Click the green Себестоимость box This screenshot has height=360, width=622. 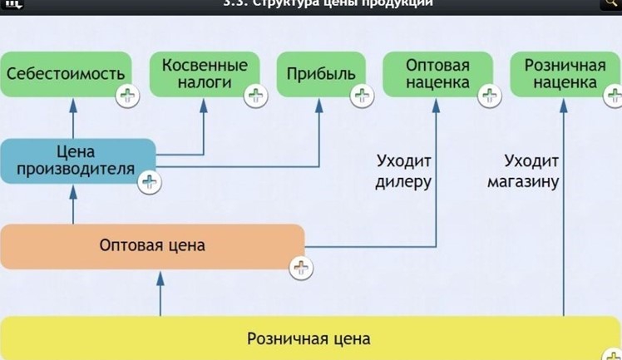point(67,74)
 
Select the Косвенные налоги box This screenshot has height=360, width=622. point(205,74)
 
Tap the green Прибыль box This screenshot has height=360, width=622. point(321,74)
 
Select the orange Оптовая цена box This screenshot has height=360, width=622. point(151,246)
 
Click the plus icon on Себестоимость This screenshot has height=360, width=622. point(127,96)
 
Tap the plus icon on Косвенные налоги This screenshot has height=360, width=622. point(255,96)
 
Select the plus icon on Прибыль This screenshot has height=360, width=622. point(363,96)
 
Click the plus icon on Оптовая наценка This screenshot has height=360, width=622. point(489,96)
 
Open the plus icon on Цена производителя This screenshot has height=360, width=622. point(149,182)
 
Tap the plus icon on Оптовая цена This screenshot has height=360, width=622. point(300,268)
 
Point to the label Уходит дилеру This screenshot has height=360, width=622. point(404,170)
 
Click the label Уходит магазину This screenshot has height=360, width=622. point(523,170)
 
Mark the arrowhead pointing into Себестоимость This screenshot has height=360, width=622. point(73,103)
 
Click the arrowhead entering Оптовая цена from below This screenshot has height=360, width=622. point(160,276)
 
